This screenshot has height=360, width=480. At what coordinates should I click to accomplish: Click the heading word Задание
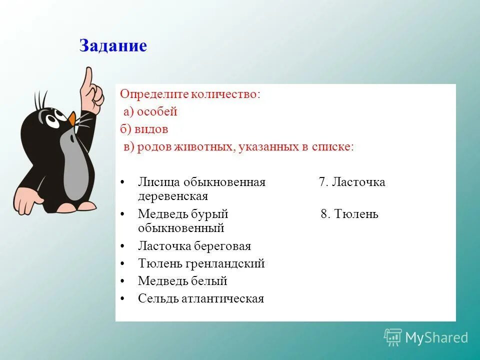pos(113,46)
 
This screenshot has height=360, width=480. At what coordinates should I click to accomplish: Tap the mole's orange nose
pos(73,119)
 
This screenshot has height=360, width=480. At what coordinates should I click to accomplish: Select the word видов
pos(150,129)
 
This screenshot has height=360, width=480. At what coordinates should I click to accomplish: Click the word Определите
pos(150,94)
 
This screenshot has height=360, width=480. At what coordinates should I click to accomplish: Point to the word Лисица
pos(159,182)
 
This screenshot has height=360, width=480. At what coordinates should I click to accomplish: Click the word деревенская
pos(172,196)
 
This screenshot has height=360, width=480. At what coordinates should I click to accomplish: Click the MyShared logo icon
pos(393,337)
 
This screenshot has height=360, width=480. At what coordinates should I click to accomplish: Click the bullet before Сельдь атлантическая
pos(122,299)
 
